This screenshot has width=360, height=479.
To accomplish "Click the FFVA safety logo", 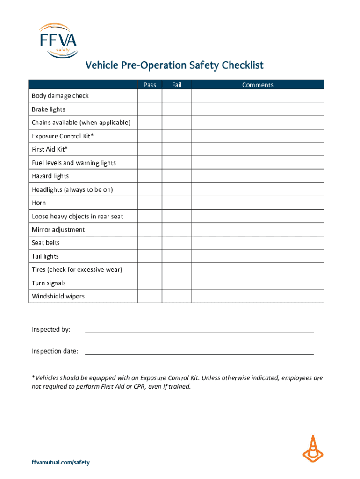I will pyautogui.click(x=58, y=41).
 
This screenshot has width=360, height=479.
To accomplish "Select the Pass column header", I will pyautogui.click(x=150, y=85).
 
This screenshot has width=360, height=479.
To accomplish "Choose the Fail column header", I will pyautogui.click(x=177, y=85).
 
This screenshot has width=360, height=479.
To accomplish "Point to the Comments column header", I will pyautogui.click(x=258, y=85).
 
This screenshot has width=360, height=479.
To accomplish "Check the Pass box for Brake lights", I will pyautogui.click(x=150, y=109).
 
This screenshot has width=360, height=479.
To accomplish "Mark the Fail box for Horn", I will pyautogui.click(x=177, y=203).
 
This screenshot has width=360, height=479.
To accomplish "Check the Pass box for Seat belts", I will pyautogui.click(x=150, y=243).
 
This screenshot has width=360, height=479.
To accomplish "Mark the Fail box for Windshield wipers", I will pyautogui.click(x=177, y=296).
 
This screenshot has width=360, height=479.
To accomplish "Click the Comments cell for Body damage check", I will pyautogui.click(x=258, y=96).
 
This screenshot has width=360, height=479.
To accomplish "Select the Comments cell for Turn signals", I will pyautogui.click(x=258, y=283).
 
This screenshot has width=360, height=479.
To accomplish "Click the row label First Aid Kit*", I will pyautogui.click(x=50, y=149).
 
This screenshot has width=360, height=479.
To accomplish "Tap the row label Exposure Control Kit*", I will pyautogui.click(x=63, y=136).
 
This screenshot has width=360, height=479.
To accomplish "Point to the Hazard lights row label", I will pyautogui.click(x=50, y=176).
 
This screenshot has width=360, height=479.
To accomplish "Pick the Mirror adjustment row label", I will pyautogui.click(x=58, y=230).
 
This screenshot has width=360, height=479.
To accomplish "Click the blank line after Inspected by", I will pyautogui.click(x=199, y=330).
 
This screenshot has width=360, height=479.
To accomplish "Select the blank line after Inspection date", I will pyautogui.click(x=199, y=351).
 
